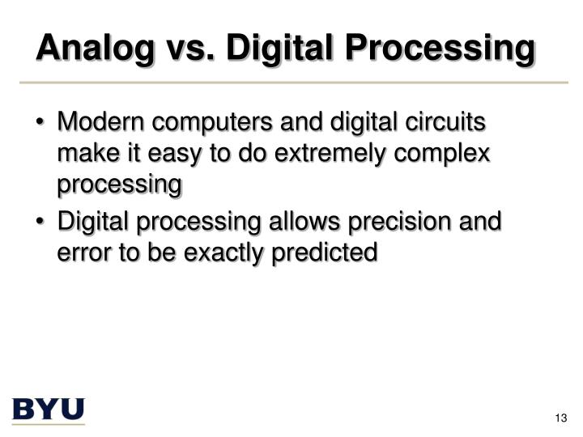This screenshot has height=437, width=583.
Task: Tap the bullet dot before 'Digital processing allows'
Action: (x=41, y=222)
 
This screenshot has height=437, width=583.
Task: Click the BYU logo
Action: (x=49, y=409)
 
